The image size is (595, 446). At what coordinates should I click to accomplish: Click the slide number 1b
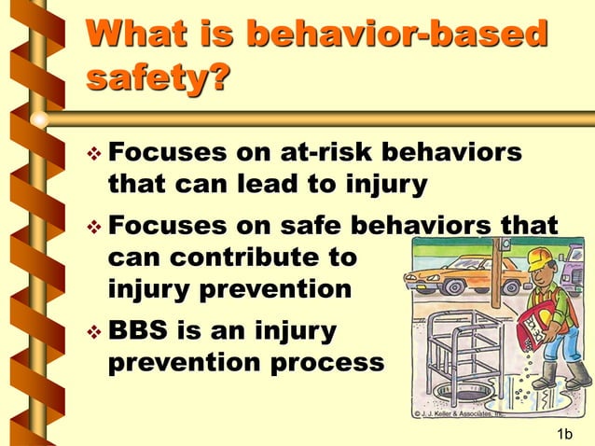pyautogui.click(x=563, y=433)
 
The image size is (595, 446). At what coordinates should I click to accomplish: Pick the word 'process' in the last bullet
pyautogui.click(x=326, y=362)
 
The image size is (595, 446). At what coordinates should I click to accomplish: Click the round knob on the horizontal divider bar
pyautogui.click(x=38, y=119)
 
